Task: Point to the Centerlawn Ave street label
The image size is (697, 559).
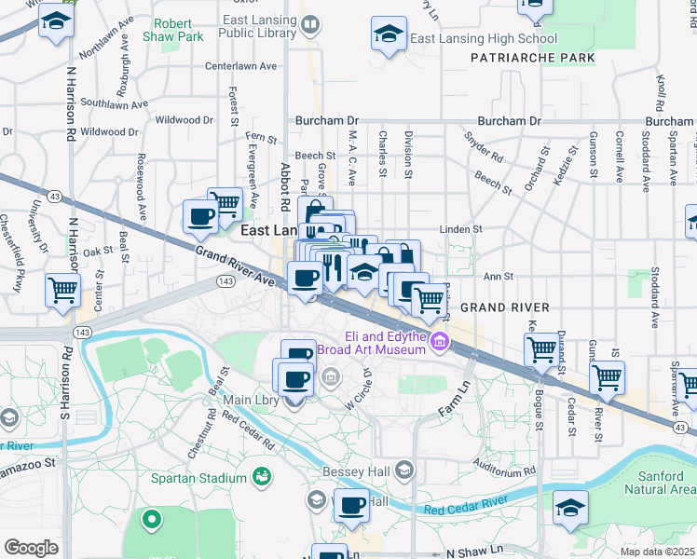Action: point(241,66)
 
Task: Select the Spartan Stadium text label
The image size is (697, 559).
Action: point(199,478)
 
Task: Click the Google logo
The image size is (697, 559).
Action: point(32,548)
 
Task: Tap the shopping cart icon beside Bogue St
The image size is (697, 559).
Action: point(542,349)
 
